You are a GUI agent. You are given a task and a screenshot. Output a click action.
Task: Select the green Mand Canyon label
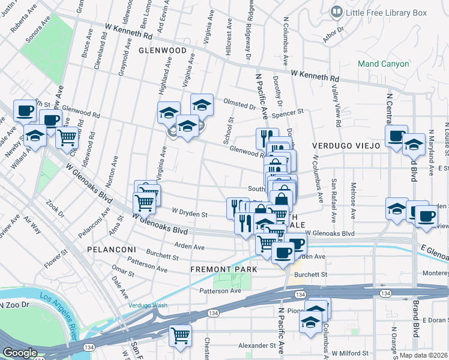pos(383,64)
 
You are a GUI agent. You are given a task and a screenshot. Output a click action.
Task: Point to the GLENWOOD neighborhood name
pos(163,51)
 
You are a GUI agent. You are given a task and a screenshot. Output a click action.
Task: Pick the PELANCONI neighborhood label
pos(109,248)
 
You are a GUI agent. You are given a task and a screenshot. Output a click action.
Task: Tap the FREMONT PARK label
pos(223,269)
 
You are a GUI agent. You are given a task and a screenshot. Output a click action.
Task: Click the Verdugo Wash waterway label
pos(148,305)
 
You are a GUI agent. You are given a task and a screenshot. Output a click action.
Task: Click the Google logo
pos(20,353)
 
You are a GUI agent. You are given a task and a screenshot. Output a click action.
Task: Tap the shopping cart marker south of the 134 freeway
pos(180,337)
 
